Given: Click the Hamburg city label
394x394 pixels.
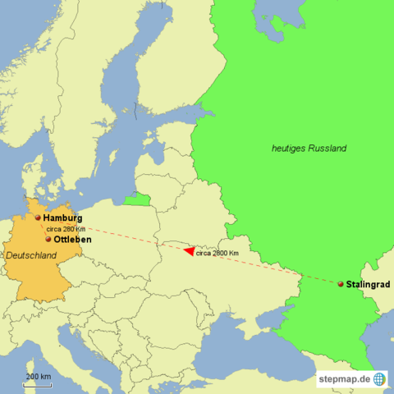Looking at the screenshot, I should (62, 218).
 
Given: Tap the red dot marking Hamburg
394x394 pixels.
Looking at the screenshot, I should (38, 218).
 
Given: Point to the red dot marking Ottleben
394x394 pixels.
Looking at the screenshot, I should (48, 240).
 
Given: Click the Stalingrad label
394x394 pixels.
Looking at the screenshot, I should (368, 284).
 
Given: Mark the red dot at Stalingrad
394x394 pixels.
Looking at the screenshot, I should (341, 284).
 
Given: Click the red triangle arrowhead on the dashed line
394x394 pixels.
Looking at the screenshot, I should (189, 251).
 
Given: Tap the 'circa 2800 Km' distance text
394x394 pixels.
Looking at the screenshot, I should (217, 253).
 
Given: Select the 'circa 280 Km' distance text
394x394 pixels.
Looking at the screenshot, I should (66, 229).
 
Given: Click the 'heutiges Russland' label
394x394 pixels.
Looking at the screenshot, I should (309, 149).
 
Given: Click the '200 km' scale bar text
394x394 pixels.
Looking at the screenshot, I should (38, 376).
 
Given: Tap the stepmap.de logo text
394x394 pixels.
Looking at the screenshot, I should (345, 378).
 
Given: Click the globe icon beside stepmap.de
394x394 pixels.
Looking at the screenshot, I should (379, 378).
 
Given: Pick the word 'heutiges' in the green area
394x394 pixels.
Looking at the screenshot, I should (288, 149).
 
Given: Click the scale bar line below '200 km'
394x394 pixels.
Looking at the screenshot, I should (38, 383).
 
